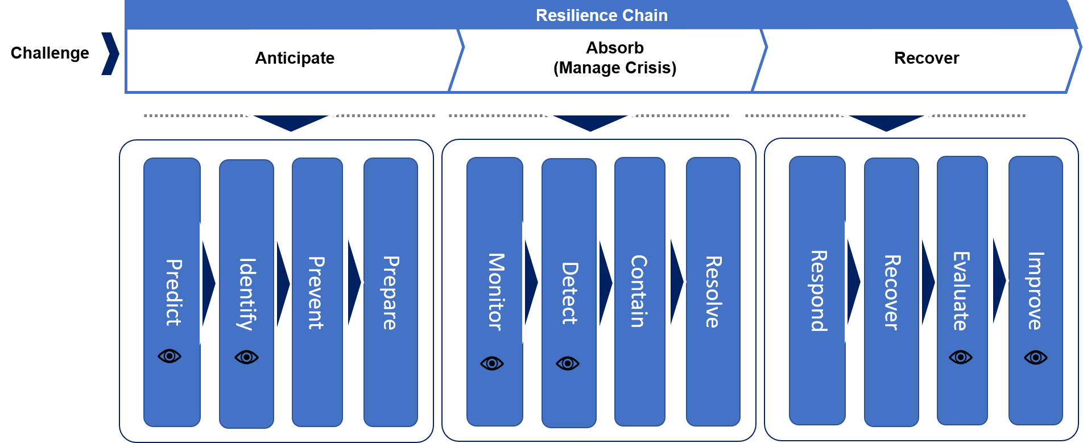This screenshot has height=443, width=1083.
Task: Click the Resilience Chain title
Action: pyautogui.click(x=601, y=15)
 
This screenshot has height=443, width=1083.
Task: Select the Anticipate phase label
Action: pyautogui.click(x=295, y=58)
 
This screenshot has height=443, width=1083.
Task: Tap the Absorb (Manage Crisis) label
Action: pyautogui.click(x=615, y=58)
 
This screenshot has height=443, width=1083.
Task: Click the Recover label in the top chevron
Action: pyautogui.click(x=926, y=58)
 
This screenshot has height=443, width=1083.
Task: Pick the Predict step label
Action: pyautogui.click(x=173, y=292)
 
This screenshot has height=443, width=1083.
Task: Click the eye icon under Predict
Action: pyautogui.click(x=170, y=356)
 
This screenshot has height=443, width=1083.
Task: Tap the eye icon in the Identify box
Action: pyautogui.click(x=246, y=357)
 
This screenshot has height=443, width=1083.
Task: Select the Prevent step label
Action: pyautogui.click(x=316, y=293)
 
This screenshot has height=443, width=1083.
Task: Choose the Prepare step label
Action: pyautogui.click(x=390, y=293)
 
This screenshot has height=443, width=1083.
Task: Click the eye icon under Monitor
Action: pyautogui.click(x=492, y=363)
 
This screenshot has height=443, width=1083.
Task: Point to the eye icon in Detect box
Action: pyautogui.click(x=568, y=363)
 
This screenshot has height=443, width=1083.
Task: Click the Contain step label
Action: pyautogui.click(x=639, y=291)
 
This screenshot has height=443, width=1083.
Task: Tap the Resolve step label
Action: pyautogui.click(x=713, y=292)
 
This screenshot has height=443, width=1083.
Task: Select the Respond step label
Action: pyautogui.click(x=818, y=291)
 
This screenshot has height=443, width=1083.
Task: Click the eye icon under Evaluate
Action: pyautogui.click(x=961, y=357)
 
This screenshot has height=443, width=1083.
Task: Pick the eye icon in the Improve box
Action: pyautogui.click(x=1035, y=358)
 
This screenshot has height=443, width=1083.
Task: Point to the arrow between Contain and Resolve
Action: pyautogui.click(x=676, y=281)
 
